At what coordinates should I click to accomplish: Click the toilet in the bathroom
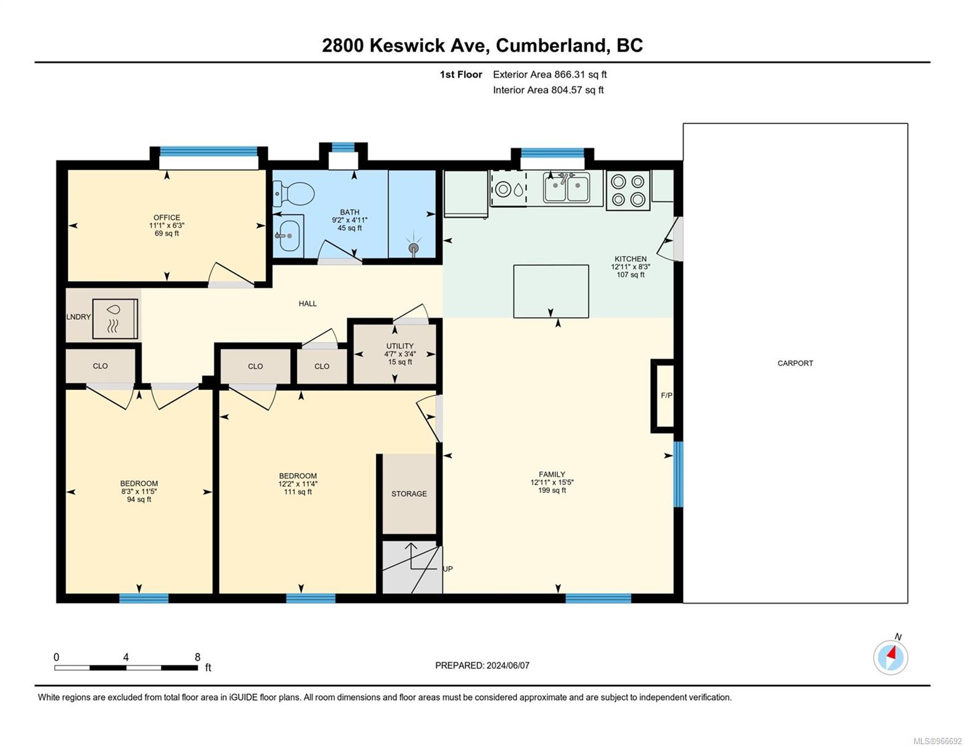293,193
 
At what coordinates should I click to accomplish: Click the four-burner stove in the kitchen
628,190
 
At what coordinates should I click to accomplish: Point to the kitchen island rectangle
551,291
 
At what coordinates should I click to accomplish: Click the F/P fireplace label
666,395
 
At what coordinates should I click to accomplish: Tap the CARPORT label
795,363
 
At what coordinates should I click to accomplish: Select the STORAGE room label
409,494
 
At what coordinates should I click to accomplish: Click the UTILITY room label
400,346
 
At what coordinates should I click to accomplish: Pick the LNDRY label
78,317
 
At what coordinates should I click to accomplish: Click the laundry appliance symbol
115,319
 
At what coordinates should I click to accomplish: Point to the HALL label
308,303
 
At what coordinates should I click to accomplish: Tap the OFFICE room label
167,217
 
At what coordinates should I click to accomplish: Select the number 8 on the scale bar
197,656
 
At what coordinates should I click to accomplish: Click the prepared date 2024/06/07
508,665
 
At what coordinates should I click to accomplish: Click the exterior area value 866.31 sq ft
580,74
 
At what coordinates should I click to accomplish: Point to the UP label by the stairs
447,569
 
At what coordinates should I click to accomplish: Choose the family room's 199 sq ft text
552,490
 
